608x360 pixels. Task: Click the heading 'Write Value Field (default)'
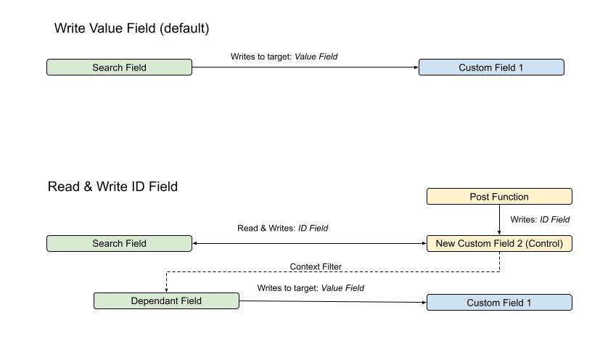(131, 28)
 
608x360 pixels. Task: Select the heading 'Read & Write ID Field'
(112, 187)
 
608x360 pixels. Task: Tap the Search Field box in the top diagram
(119, 67)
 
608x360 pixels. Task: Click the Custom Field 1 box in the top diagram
(490, 67)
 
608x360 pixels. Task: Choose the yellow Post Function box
(498, 197)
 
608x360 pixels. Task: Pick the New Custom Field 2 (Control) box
(498, 244)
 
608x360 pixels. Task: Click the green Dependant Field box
(166, 301)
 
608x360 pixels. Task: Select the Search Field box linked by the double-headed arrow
(119, 244)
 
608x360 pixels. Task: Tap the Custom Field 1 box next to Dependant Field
(498, 303)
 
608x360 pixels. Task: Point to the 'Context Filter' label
(315, 267)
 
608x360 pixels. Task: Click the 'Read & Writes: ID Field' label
(282, 228)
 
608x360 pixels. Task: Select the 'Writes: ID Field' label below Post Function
(540, 219)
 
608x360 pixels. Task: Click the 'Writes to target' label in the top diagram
(284, 56)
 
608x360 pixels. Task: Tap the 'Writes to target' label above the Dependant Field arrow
(310, 288)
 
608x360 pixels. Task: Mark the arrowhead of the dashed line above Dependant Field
(166, 290)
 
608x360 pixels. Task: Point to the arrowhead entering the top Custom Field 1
(416, 67)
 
